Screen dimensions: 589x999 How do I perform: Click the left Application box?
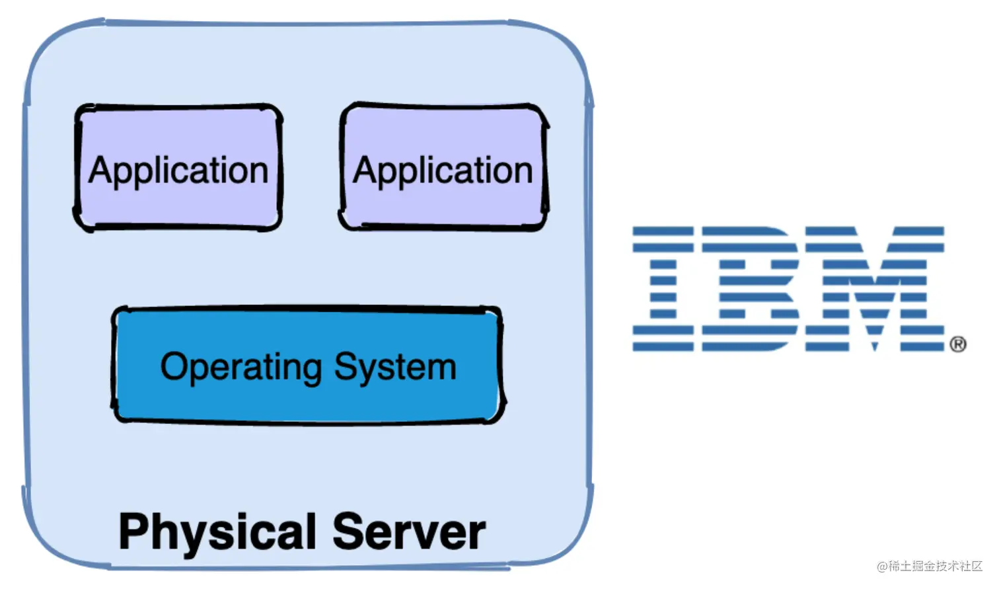point(178,167)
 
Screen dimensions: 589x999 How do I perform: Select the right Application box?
point(443,167)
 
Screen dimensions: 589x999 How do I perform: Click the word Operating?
point(241,367)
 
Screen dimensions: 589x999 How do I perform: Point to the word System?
point(395,367)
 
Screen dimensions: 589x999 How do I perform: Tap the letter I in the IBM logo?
point(663,288)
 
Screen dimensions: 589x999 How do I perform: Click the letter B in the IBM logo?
point(750,288)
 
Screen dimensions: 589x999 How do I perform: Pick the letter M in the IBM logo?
point(873,288)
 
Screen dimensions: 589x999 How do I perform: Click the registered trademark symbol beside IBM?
point(958,344)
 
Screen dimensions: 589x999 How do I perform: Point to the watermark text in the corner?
point(930,566)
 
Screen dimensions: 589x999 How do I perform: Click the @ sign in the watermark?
point(882,567)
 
